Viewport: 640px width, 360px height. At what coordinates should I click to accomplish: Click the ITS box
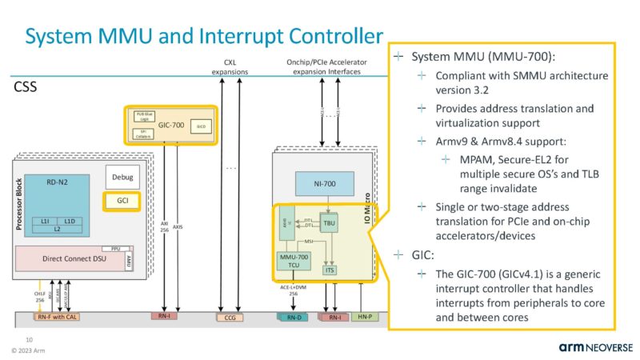pyautogui.click(x=330, y=270)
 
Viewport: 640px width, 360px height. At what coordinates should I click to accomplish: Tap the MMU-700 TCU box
pyautogui.click(x=292, y=263)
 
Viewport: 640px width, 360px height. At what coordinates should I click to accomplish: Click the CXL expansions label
pyautogui.click(x=230, y=67)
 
